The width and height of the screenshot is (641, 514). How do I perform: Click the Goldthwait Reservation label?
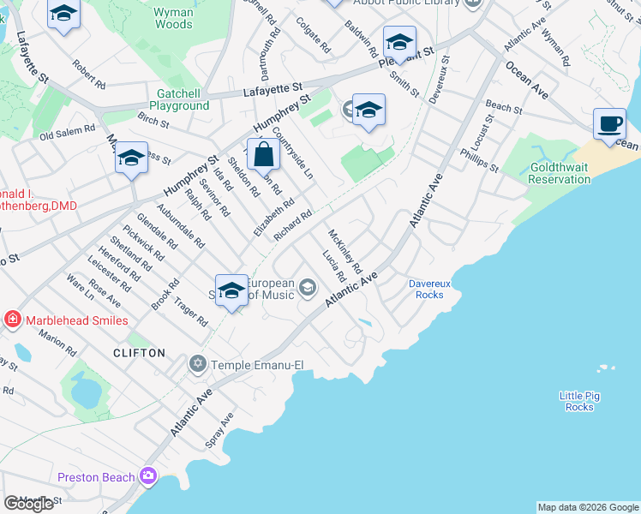point(559,173)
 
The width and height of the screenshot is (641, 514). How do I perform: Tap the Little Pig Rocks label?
point(580,401)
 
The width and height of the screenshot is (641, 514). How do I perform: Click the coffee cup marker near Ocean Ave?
point(609,125)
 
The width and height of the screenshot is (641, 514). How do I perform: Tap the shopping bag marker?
point(265,156)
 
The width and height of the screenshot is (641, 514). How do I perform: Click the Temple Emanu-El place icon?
point(199,365)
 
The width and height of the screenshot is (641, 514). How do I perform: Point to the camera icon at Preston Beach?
point(149,476)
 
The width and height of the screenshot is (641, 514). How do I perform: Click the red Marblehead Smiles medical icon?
point(12,320)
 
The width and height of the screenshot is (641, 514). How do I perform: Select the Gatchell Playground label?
point(183,99)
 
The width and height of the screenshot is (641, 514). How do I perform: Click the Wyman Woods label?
point(173,19)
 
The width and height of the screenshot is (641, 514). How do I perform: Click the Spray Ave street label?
point(219,431)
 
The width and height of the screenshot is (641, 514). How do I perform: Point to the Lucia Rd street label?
point(332,266)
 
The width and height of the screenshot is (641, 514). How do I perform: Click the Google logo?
point(28,504)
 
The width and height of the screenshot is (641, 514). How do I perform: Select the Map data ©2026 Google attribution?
point(588,507)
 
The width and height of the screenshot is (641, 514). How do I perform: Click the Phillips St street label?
point(479,158)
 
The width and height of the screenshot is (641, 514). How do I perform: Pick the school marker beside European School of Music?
point(231,290)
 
